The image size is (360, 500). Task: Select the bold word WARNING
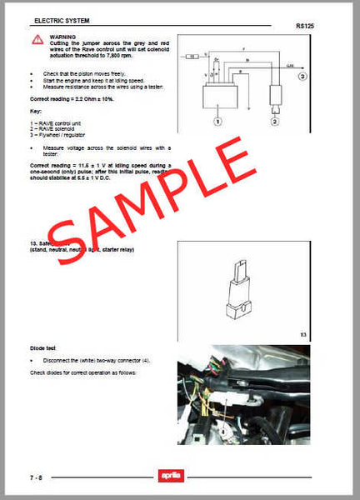point(62,37)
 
